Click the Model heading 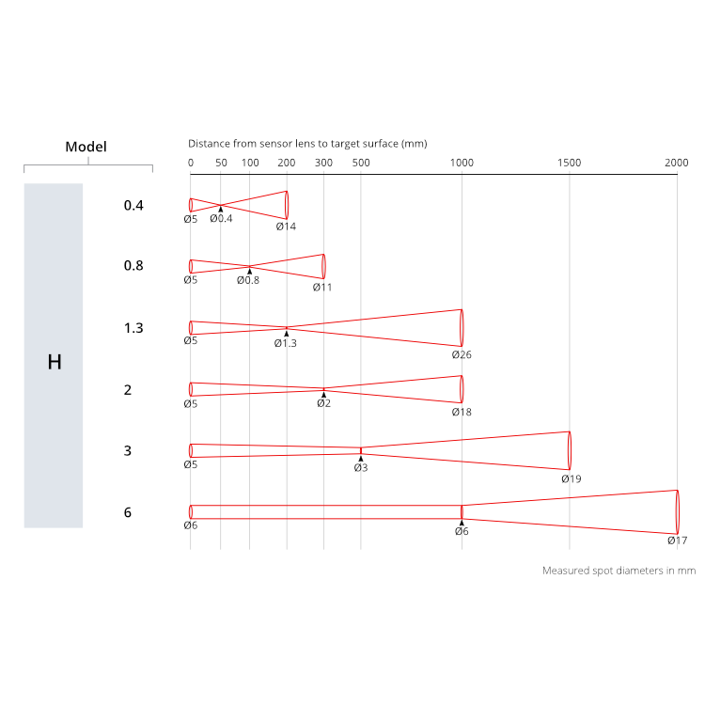86,147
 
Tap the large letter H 54,362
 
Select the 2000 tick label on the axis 677,163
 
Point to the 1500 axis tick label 569,163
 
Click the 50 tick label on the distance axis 221,163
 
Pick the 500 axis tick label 361,163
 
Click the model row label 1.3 133,328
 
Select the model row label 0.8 133,266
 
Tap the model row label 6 128,513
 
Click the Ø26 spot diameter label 461,355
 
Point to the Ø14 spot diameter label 286,226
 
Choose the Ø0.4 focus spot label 221,218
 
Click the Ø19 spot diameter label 572,478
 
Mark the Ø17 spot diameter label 678,540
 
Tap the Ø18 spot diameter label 461,412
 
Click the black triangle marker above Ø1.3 287,334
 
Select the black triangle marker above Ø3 361,458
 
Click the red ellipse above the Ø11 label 323,266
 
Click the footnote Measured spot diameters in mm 619,571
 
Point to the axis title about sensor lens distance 307,144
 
